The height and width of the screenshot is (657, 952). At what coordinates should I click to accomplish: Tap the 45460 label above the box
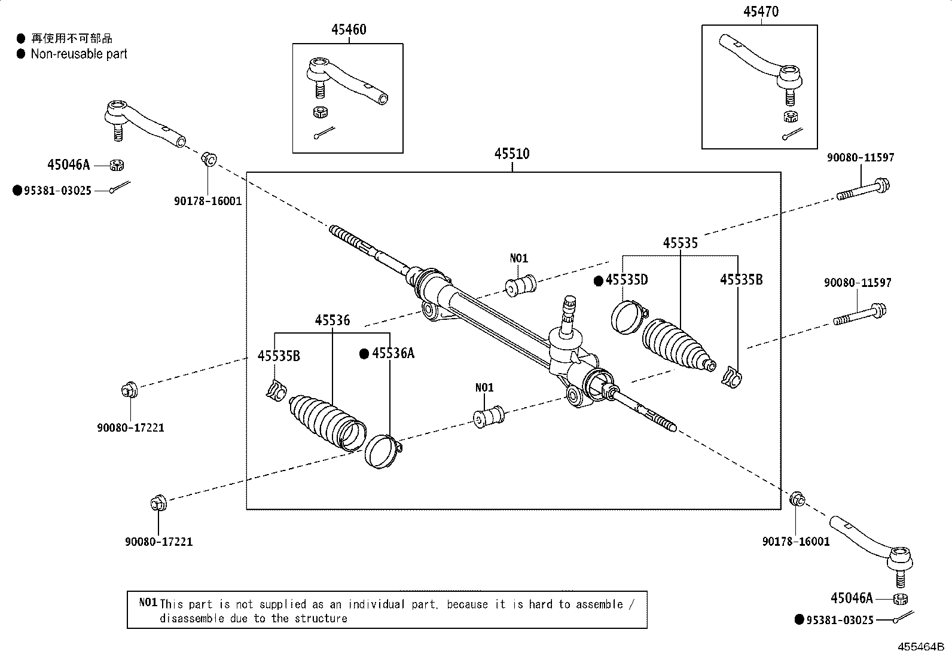click(349, 29)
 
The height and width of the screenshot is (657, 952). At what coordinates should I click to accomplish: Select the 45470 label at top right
click(761, 11)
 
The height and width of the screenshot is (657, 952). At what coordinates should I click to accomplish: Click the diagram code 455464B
click(919, 647)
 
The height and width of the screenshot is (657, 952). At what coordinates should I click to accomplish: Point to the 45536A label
click(393, 353)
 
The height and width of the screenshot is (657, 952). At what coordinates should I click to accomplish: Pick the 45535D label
click(626, 280)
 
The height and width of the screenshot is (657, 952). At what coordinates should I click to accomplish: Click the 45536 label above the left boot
click(332, 320)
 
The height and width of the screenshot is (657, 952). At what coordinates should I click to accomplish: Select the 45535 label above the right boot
click(680, 243)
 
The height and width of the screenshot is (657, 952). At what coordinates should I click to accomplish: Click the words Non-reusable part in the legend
click(79, 54)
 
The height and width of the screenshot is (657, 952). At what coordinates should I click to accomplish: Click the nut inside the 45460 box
click(319, 112)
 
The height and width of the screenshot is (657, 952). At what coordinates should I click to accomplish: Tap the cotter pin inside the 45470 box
click(792, 134)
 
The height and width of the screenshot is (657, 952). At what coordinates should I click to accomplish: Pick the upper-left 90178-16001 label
click(208, 201)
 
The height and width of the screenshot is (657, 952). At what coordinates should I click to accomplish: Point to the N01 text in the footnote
click(148, 603)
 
